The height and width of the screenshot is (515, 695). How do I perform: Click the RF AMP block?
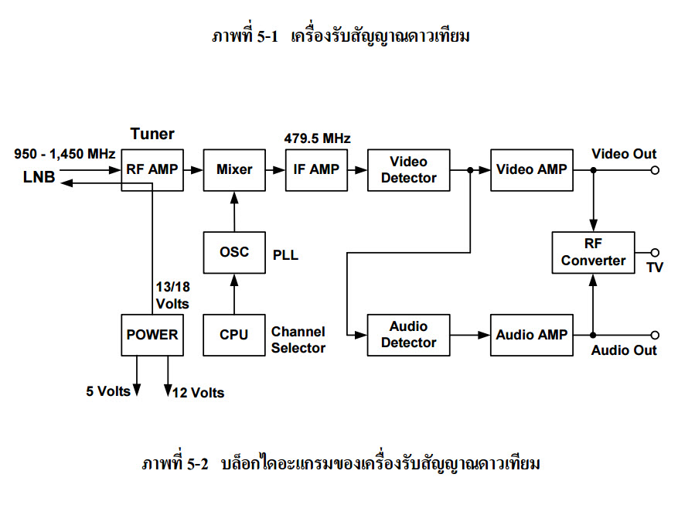(x=152, y=169)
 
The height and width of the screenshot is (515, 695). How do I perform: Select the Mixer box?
(x=234, y=169)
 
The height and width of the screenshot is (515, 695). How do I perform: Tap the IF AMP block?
(x=316, y=169)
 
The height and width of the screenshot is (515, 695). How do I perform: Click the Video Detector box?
(x=408, y=169)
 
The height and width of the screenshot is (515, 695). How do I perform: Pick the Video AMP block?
(x=531, y=169)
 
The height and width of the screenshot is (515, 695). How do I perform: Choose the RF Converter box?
(x=593, y=252)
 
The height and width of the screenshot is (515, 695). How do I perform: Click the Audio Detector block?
(x=408, y=335)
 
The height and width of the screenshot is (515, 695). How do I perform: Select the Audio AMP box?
(x=531, y=335)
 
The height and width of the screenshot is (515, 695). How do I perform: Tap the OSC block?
(x=234, y=252)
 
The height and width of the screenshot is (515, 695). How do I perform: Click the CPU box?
(x=234, y=335)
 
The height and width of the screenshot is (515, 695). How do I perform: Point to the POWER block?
(x=152, y=335)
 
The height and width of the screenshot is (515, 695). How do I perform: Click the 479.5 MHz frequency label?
(x=318, y=139)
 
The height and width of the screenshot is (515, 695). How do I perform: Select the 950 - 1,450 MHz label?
(x=65, y=154)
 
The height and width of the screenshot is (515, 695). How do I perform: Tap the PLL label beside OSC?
(x=285, y=254)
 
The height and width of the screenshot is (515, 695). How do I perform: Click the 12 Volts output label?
(x=199, y=393)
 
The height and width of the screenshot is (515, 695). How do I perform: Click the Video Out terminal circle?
(x=655, y=170)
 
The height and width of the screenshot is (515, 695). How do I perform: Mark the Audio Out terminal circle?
(x=655, y=335)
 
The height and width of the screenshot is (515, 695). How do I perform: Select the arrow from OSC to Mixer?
(x=234, y=210)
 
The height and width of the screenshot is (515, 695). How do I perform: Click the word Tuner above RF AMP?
(x=152, y=134)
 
